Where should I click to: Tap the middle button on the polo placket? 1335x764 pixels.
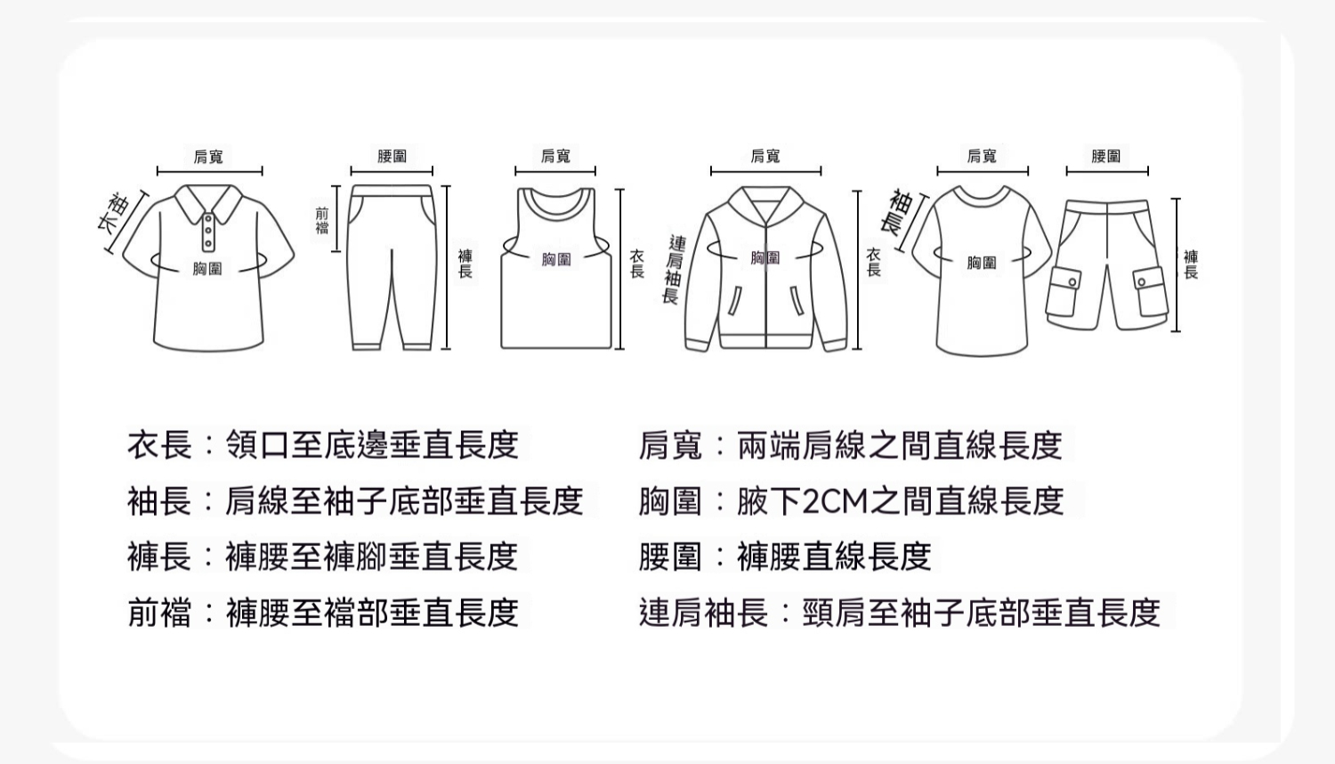208,232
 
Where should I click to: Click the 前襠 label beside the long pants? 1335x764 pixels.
322,221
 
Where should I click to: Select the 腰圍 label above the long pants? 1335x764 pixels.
392,156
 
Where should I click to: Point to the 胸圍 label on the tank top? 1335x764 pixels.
556,259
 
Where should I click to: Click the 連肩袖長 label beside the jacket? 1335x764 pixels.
674,270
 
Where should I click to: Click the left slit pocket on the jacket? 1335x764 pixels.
735,301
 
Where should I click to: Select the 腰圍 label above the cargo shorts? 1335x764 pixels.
1106,156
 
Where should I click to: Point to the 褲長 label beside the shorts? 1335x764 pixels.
1191,264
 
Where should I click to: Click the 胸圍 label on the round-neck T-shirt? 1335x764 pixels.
982,263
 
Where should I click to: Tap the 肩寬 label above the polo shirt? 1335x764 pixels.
208,156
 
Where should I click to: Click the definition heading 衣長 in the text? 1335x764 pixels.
159,445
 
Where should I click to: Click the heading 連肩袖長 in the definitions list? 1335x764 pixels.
704,613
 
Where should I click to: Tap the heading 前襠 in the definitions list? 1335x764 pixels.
159,613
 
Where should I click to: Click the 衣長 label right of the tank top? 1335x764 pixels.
637,264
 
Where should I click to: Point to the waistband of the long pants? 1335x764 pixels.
392,191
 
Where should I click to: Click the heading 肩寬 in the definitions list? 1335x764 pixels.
671,445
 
